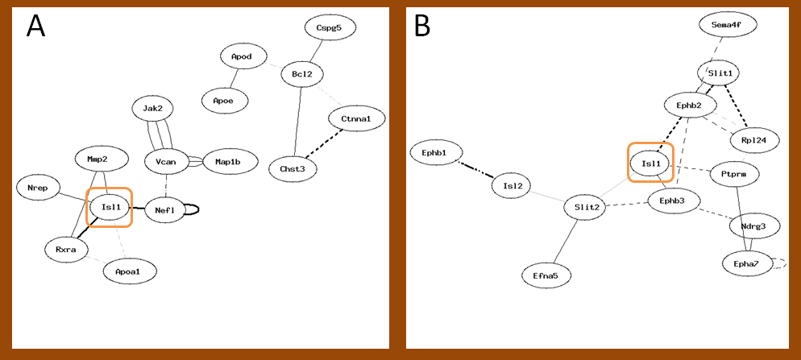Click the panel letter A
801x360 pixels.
35,26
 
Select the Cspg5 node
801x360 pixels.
330,27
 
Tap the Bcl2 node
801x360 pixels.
301,75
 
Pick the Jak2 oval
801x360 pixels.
153,108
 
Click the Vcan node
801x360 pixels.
166,162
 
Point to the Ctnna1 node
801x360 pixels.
355,119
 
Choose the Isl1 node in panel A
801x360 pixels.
110,207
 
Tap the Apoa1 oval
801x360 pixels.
130,271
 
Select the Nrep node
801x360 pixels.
39,188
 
